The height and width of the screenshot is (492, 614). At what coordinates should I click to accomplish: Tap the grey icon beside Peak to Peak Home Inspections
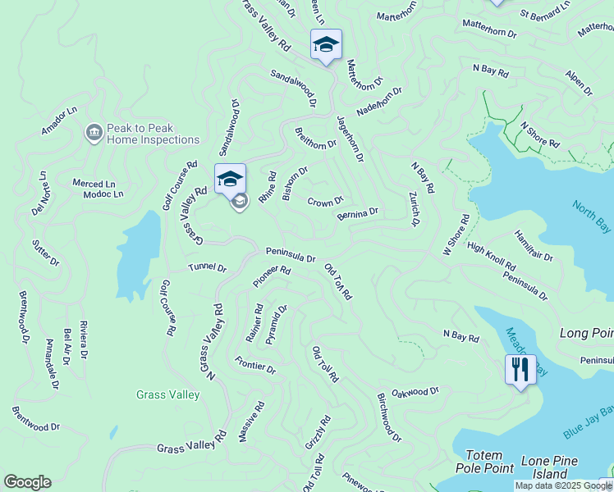click(94, 132)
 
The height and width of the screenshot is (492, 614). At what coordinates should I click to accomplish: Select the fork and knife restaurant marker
click(520, 370)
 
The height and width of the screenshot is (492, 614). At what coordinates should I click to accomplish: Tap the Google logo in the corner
click(27, 482)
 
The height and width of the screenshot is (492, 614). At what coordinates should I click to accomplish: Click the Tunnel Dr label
click(207, 267)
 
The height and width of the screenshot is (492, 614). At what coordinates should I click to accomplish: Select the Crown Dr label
click(325, 202)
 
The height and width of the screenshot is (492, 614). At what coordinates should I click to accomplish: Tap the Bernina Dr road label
click(357, 214)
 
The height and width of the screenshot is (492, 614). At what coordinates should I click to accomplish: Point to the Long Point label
click(586, 333)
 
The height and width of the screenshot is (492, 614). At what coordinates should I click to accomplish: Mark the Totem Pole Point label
click(490, 461)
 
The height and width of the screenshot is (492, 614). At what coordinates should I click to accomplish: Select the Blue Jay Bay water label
click(589, 421)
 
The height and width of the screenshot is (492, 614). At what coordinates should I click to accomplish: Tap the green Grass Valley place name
click(167, 394)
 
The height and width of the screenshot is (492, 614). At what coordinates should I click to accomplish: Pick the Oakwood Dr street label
click(415, 393)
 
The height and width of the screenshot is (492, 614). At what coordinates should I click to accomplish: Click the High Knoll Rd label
click(491, 256)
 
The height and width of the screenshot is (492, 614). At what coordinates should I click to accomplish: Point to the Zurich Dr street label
click(414, 210)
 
